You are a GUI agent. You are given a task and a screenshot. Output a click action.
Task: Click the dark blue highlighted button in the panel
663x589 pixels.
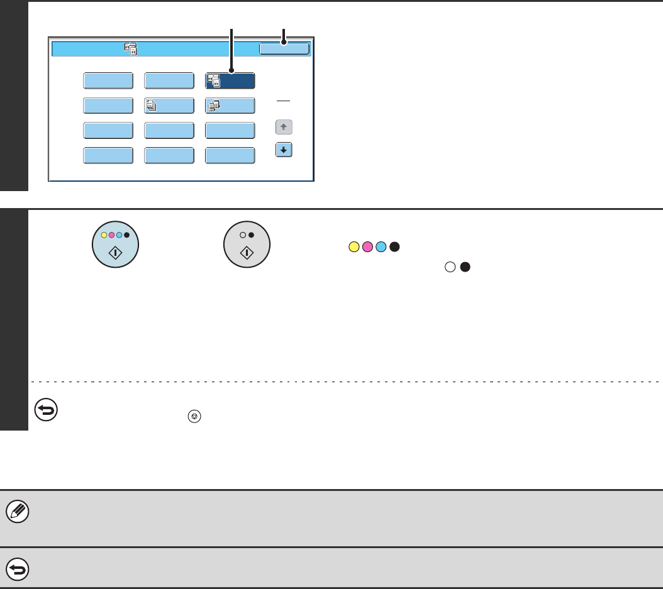click(x=230, y=81)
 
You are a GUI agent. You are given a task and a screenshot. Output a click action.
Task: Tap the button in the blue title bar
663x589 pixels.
click(x=284, y=49)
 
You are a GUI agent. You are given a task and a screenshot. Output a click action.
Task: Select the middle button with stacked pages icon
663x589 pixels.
click(x=169, y=106)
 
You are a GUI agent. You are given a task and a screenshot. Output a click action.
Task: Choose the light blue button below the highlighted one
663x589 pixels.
click(x=230, y=106)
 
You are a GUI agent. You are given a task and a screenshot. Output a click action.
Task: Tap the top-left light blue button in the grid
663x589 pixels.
click(x=108, y=81)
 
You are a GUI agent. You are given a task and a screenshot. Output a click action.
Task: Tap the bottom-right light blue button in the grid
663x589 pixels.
click(x=230, y=155)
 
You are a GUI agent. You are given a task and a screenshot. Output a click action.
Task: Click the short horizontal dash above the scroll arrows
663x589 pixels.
click(x=284, y=101)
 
